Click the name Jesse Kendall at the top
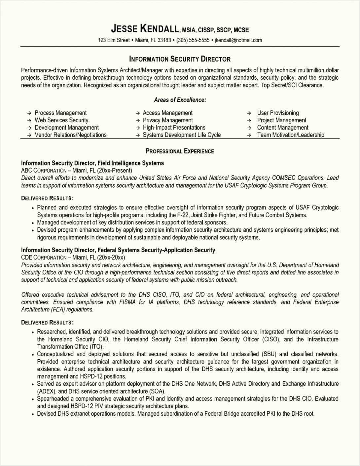pyautogui.click(x=145, y=29)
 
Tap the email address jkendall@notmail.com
pyautogui.click(x=238, y=40)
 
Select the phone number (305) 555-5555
pyautogui.click(x=193, y=40)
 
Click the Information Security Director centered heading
pyautogui.click(x=180, y=59)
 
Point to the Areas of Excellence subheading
pyautogui.click(x=180, y=100)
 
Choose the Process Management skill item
pyautogui.click(x=61, y=113)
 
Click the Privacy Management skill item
pyautogui.click(x=168, y=120)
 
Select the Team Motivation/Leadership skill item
pyautogui.click(x=291, y=135)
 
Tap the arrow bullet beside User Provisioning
pyautogui.click(x=250, y=113)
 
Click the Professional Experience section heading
pyautogui.click(x=180, y=151)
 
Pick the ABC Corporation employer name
pyautogui.click(x=44, y=171)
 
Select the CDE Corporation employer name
pyautogui.click(x=44, y=257)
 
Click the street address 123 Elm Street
pyautogui.click(x=114, y=40)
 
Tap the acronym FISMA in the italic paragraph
pyautogui.click(x=127, y=302)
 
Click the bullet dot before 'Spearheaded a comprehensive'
pyautogui.click(x=33, y=399)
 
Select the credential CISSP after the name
pyautogui.click(x=206, y=30)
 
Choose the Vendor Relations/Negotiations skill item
pyautogui.click(x=71, y=135)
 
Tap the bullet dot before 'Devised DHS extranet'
pyautogui.click(x=33, y=414)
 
